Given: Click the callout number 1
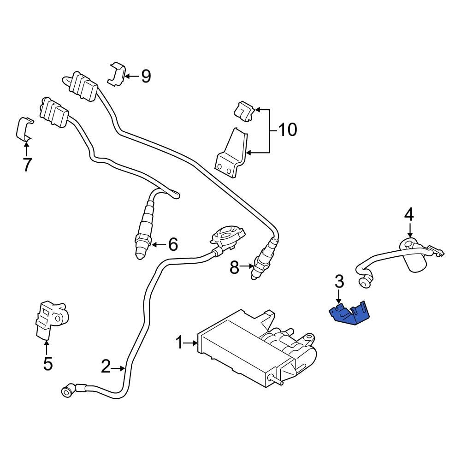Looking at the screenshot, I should click(180, 343).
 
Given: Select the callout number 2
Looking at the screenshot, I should click(106, 367).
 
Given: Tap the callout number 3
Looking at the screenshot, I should click(339, 281).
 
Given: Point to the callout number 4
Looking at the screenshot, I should click(409, 214).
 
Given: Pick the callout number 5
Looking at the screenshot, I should click(48, 364).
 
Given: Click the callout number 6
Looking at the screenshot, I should click(173, 244).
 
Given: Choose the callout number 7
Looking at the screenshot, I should click(27, 164).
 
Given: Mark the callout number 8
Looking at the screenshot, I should click(235, 267).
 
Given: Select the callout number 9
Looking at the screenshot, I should click(146, 76).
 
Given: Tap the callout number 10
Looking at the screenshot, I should click(288, 130).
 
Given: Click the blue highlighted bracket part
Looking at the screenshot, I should click(349, 313).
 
